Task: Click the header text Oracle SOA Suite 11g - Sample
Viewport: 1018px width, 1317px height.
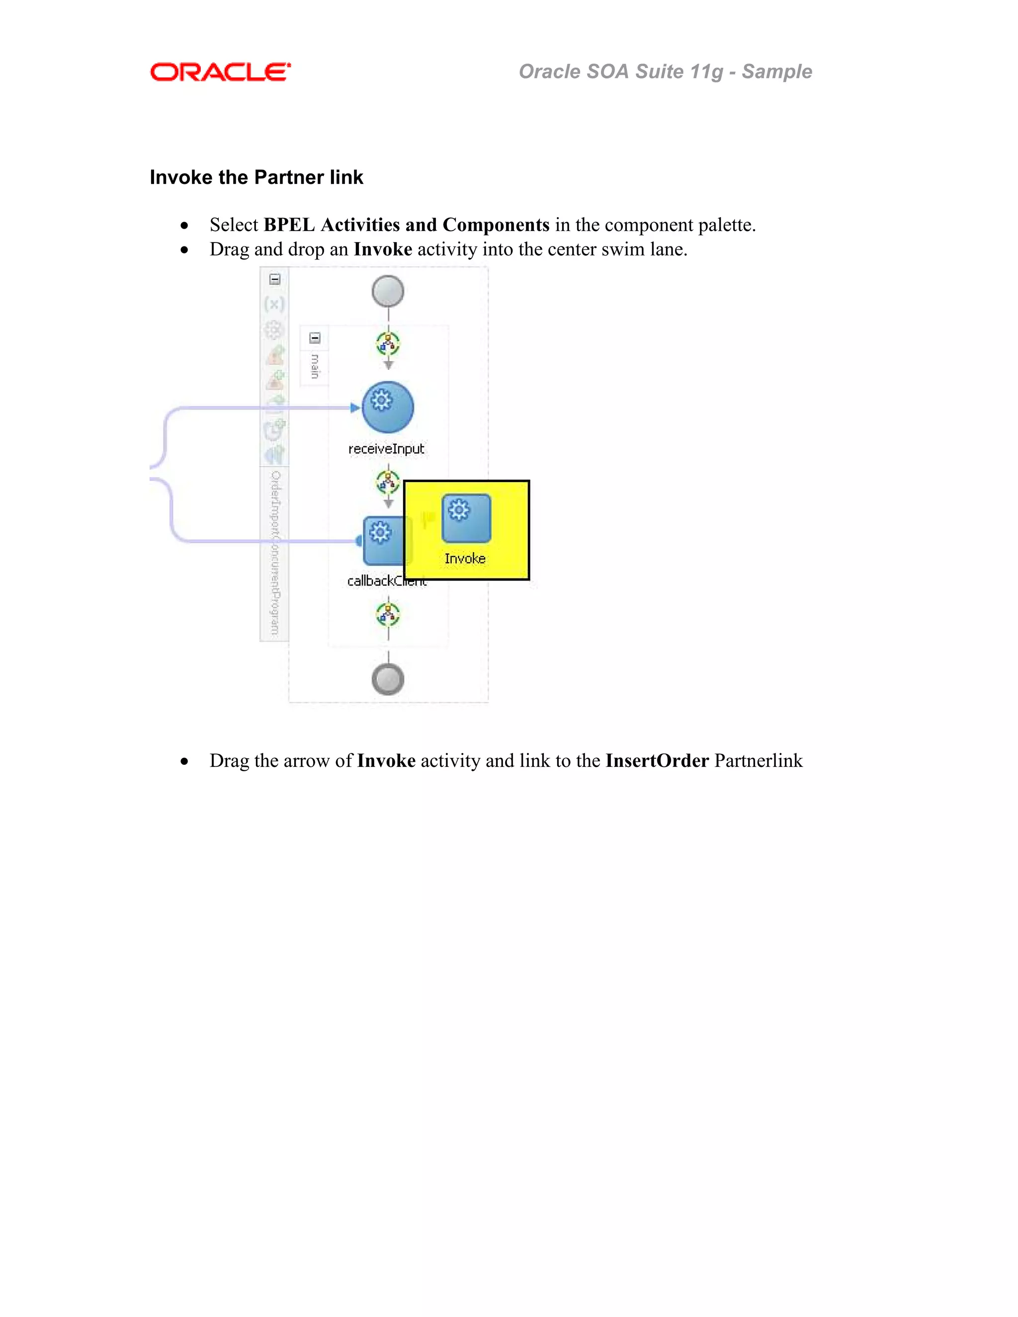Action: tap(665, 72)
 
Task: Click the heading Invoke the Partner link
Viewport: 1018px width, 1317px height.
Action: tap(256, 177)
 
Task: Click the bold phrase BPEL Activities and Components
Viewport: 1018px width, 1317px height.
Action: tap(407, 225)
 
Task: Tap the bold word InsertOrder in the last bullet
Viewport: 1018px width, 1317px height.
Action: tap(657, 760)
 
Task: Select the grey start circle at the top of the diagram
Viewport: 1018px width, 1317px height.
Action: tap(388, 291)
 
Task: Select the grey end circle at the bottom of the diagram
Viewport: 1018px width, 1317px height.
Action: tap(388, 679)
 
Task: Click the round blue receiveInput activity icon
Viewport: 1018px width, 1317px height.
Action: tap(388, 407)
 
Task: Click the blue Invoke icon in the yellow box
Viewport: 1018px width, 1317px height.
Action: tap(466, 518)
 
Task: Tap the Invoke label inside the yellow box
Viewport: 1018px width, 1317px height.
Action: tap(465, 559)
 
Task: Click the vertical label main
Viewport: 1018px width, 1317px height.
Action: tap(314, 366)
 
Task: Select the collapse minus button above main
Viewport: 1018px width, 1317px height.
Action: tap(315, 337)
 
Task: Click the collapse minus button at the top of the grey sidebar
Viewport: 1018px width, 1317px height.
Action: tap(275, 279)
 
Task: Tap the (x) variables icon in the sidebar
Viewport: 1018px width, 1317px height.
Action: tap(274, 304)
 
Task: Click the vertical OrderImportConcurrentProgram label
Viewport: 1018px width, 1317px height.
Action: tap(275, 552)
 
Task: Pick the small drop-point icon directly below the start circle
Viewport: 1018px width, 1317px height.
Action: tap(388, 344)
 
